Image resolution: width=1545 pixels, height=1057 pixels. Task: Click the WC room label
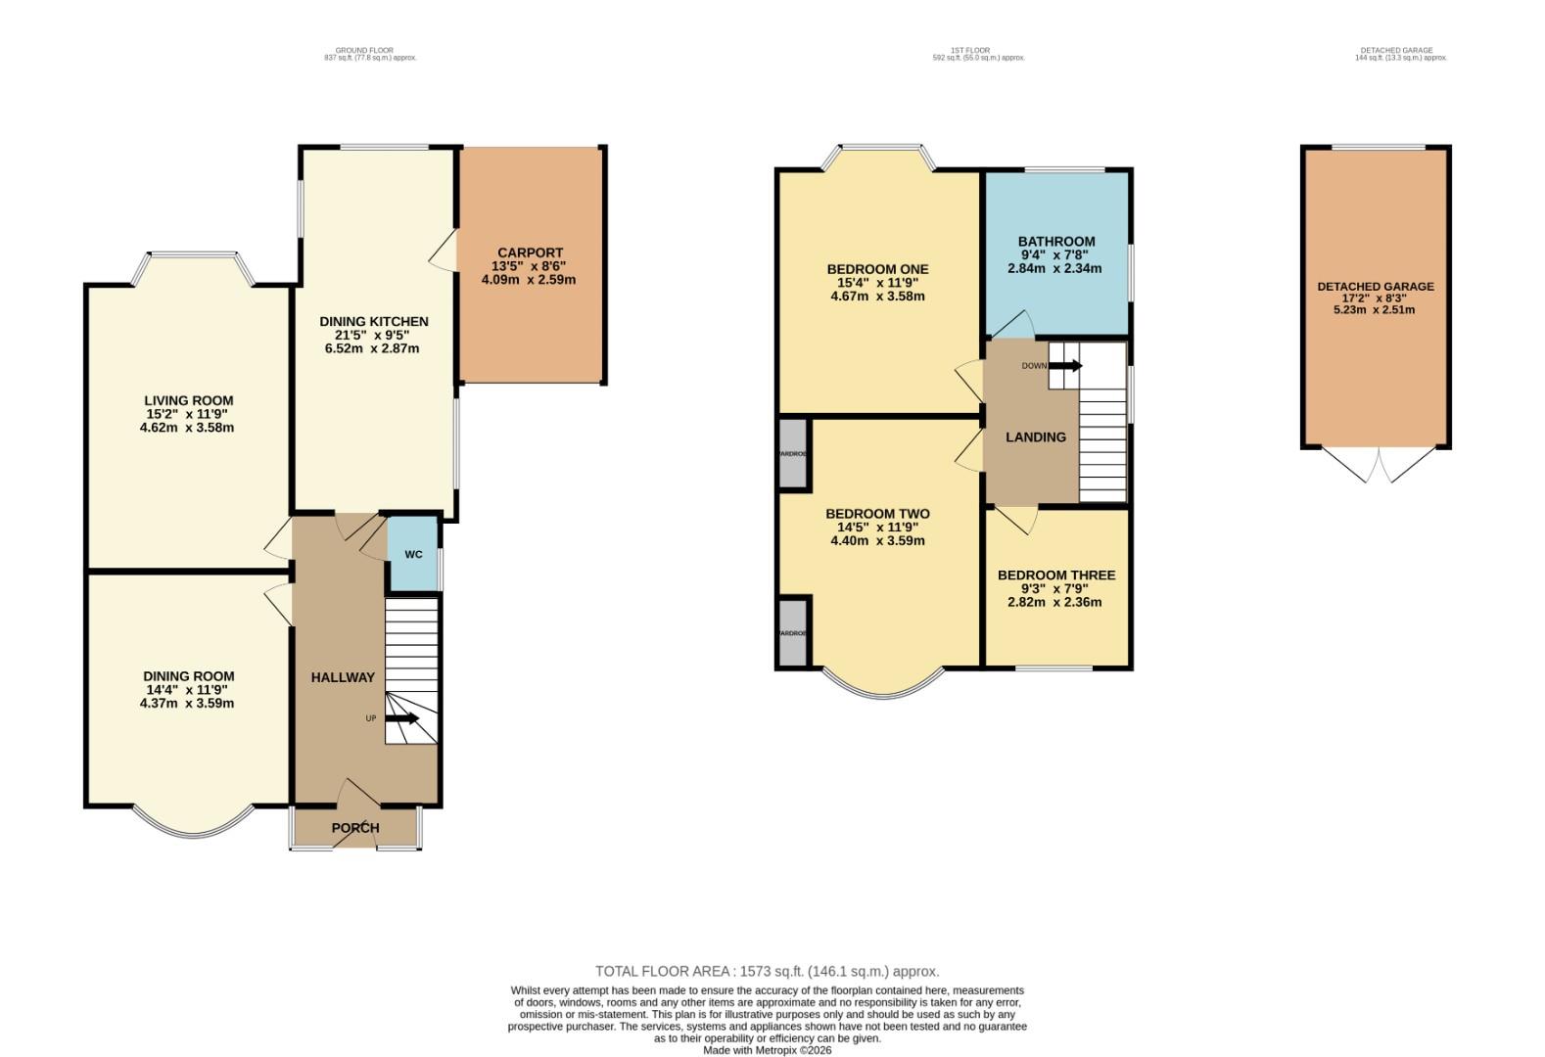pyautogui.click(x=413, y=555)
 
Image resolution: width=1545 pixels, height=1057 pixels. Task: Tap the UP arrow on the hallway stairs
pyautogui.click(x=402, y=718)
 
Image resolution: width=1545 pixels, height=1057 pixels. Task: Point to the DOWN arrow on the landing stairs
pyautogui.click(x=1066, y=366)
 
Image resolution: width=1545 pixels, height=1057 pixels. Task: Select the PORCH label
pyautogui.click(x=355, y=828)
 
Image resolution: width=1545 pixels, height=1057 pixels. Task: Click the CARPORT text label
pyautogui.click(x=530, y=253)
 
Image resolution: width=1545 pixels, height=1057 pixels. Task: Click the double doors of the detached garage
pyautogui.click(x=1377, y=465)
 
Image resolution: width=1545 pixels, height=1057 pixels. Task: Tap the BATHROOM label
pyautogui.click(x=1055, y=241)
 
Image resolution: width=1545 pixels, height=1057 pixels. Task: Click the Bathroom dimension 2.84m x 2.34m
pyautogui.click(x=1054, y=268)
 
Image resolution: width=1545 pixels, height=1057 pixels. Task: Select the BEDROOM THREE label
pyautogui.click(x=1055, y=574)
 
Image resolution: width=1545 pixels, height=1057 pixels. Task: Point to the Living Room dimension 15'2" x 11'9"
pyautogui.click(x=187, y=414)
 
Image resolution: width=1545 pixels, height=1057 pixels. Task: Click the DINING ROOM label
pyautogui.click(x=188, y=676)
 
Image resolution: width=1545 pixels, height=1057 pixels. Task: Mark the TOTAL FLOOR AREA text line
pyautogui.click(x=767, y=971)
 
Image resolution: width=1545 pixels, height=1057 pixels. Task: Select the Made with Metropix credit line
pyautogui.click(x=767, y=1050)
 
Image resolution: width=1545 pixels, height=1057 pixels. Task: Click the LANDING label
pyautogui.click(x=1035, y=437)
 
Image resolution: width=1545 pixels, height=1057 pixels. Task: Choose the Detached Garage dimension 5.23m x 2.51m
pyautogui.click(x=1375, y=310)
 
